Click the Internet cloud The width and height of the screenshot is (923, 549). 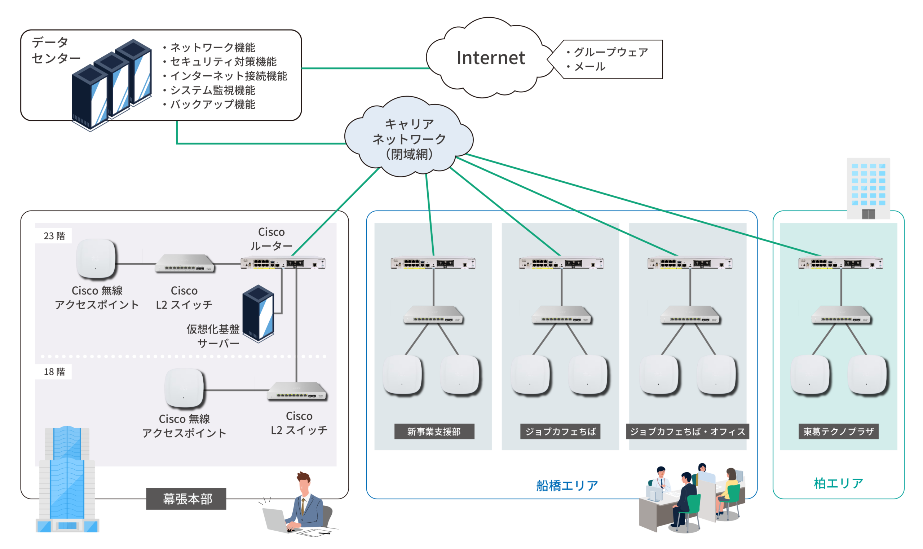[x=490, y=58]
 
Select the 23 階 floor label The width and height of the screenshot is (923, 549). [x=54, y=236]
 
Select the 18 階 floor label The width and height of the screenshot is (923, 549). [x=54, y=371]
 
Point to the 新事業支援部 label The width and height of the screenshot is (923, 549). [x=434, y=431]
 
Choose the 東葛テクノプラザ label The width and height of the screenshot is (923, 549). [x=838, y=431]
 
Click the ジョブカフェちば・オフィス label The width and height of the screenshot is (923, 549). [x=687, y=431]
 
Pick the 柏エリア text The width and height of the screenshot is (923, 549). [x=838, y=483]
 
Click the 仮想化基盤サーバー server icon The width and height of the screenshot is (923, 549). [x=258, y=313]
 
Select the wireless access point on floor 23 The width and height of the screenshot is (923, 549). [x=96, y=259]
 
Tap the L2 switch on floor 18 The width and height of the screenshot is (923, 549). [x=297, y=391]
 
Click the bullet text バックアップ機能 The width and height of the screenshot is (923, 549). [x=212, y=104]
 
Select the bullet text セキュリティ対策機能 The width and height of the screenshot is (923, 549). [x=223, y=61]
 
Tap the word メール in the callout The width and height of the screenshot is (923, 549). [x=590, y=67]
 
